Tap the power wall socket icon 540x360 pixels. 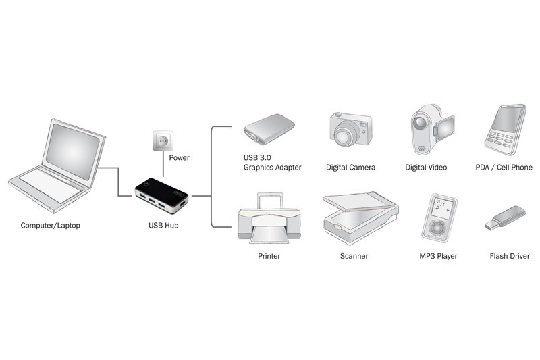point(162,140)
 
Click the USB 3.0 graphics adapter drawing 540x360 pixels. point(269,129)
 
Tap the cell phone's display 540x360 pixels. point(508,121)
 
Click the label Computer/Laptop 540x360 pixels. point(50,225)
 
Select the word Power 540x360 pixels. point(179,158)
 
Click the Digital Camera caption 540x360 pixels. point(350,167)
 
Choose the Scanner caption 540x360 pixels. point(354,257)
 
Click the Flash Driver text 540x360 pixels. point(510,257)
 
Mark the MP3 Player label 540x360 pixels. point(437,257)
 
